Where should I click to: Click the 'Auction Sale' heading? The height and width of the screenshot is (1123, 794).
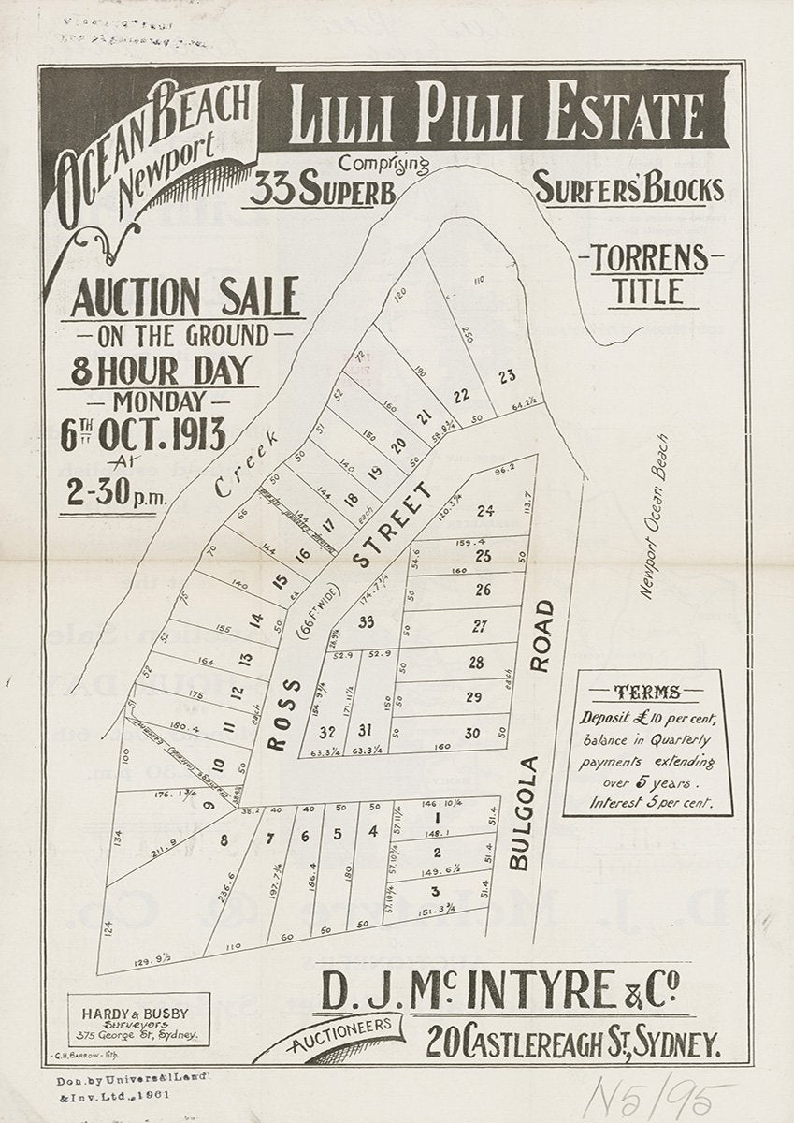pos(185,298)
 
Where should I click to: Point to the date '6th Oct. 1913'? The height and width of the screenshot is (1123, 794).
pos(143,435)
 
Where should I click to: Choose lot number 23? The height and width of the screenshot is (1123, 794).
pos(507,377)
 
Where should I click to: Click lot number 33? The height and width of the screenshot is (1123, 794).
pos(366,622)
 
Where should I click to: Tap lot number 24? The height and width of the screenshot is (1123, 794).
pos(484,511)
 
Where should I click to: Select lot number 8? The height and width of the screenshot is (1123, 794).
pos(224,839)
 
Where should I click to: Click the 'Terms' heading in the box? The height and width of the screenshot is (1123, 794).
pos(646,693)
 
